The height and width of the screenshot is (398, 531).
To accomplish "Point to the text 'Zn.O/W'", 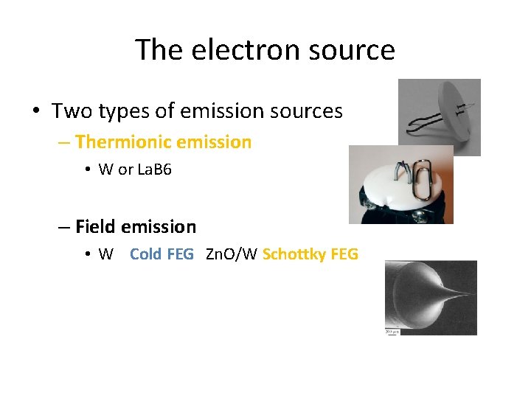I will point(231,254).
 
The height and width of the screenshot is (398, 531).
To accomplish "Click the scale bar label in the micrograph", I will point(391,332).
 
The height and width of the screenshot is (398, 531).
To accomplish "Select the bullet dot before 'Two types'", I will point(35,112).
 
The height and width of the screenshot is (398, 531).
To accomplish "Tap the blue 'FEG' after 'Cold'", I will point(181,254).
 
